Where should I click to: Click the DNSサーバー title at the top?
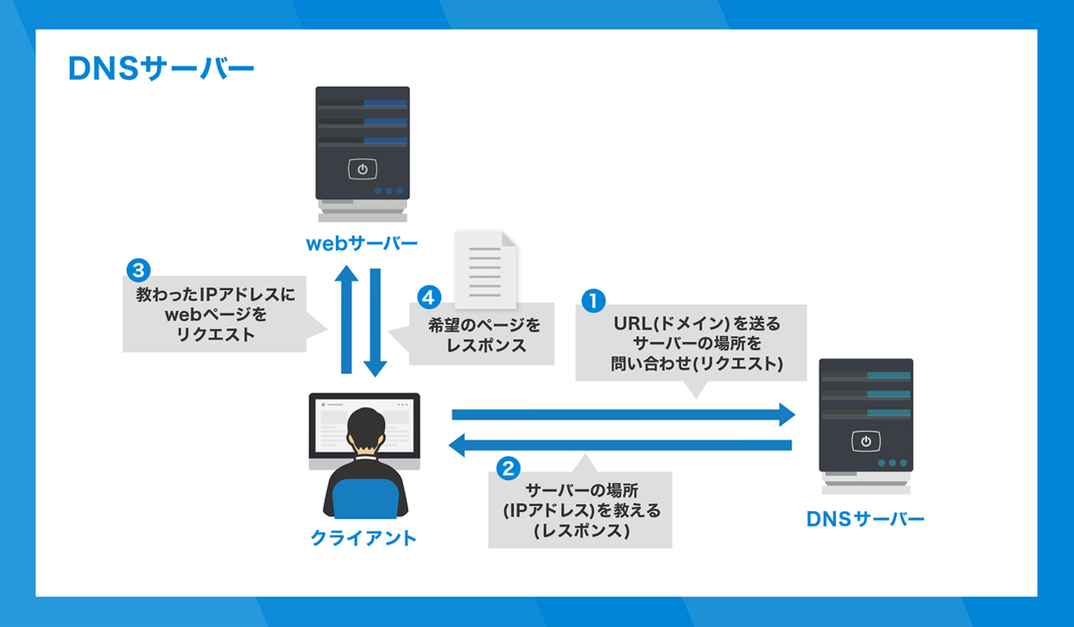click(162, 68)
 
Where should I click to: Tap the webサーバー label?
click(362, 244)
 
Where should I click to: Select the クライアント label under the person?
click(363, 538)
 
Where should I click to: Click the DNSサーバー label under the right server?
click(865, 519)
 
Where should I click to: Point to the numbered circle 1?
click(593, 301)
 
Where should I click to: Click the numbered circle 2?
click(509, 468)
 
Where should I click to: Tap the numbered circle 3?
click(138, 271)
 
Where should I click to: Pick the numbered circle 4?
click(429, 297)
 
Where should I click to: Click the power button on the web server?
click(363, 169)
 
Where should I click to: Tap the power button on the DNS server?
click(866, 441)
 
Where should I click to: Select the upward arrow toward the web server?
click(346, 320)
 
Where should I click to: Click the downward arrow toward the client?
click(375, 323)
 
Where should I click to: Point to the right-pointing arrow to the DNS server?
click(623, 415)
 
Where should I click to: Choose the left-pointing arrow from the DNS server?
click(620, 445)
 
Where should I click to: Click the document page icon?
click(485, 270)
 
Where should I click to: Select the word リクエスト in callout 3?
click(216, 334)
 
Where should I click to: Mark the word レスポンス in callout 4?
click(486, 345)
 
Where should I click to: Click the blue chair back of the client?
click(365, 498)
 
